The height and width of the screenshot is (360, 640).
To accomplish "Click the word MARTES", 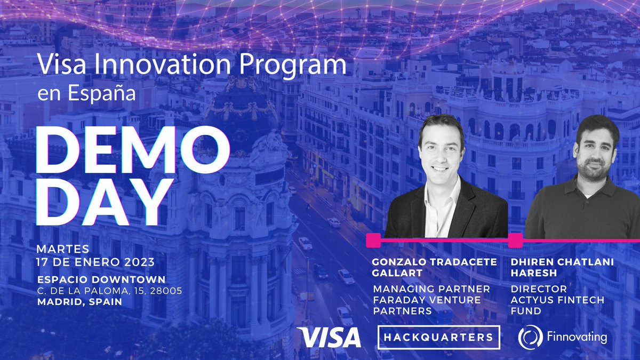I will (x=62, y=249).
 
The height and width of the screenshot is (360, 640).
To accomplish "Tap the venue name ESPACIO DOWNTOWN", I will (x=101, y=279).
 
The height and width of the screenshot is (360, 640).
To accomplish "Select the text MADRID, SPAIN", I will (x=79, y=302).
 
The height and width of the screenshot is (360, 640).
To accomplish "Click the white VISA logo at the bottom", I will (x=330, y=338).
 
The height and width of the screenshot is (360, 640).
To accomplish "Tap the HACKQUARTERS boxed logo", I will (x=438, y=337).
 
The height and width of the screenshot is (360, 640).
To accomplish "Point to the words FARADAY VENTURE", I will (x=427, y=300).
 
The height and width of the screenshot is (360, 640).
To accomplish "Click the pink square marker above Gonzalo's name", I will (x=374, y=240).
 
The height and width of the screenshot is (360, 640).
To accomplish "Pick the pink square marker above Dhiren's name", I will (x=515, y=240).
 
